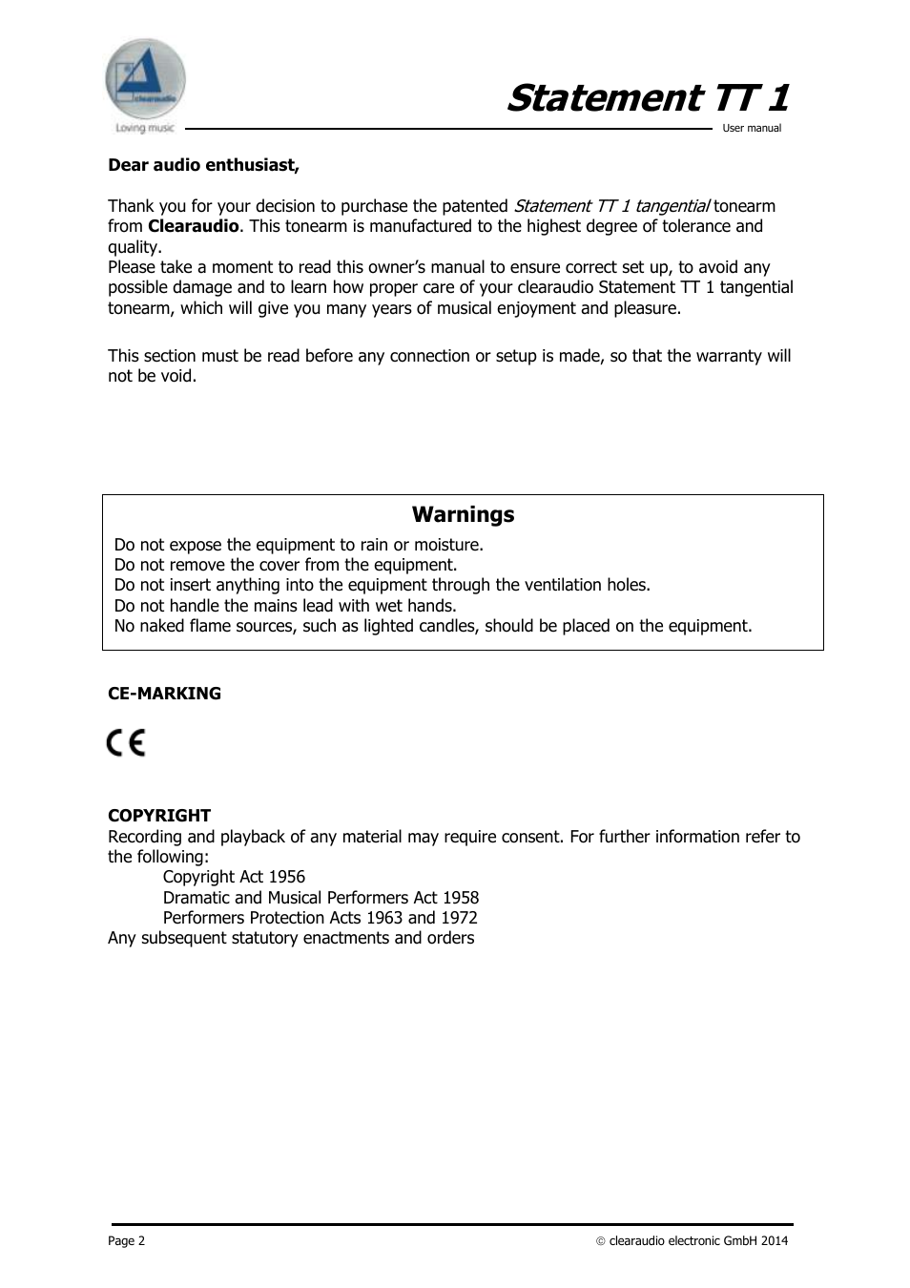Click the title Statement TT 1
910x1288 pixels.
coord(648,98)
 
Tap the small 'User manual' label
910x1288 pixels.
coord(752,128)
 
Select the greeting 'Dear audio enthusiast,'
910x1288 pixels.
coord(203,165)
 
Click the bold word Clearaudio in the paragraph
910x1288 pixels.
coord(193,226)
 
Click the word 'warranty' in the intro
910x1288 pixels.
coord(728,356)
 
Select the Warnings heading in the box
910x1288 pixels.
coord(463,514)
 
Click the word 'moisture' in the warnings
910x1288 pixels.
coord(447,545)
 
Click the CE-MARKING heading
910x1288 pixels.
coord(164,694)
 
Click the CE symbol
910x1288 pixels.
coord(126,742)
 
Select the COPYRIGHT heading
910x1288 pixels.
coord(159,816)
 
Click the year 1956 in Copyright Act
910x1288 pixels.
coord(286,877)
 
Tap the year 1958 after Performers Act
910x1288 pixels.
coord(461,898)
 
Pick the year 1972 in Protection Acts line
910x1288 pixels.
coord(459,918)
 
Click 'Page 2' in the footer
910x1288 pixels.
coord(126,1241)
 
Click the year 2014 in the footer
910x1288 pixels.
coord(774,1241)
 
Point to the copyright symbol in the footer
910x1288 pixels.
coord(601,1241)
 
